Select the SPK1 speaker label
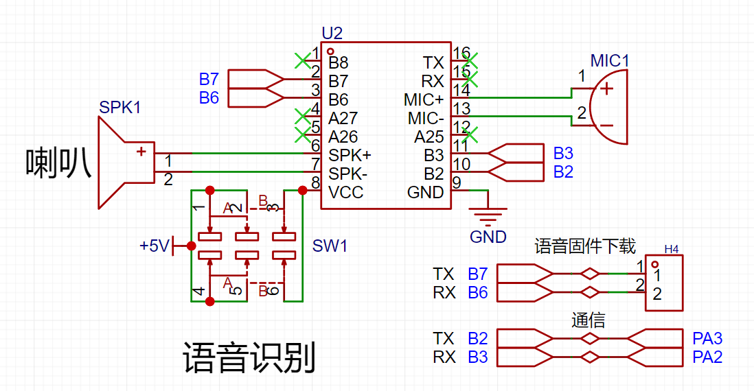point(120,108)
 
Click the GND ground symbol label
point(488,237)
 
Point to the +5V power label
point(154,246)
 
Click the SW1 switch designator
point(330,246)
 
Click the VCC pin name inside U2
point(345,193)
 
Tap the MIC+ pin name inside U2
point(424,100)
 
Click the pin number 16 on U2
point(461,54)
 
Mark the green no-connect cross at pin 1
point(301,60)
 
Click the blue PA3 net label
point(707,338)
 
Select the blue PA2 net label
point(707,357)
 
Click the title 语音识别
point(249,358)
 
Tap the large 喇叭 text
point(58,163)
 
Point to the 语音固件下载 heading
point(585,246)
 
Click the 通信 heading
point(588,320)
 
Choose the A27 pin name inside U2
point(343,119)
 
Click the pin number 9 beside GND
point(457,182)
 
